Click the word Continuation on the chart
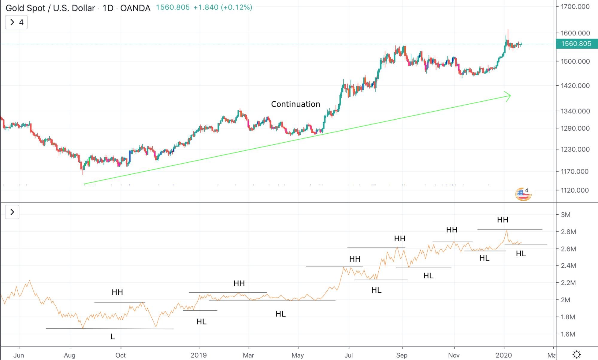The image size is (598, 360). tap(295, 104)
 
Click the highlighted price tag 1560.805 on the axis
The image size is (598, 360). tap(576, 44)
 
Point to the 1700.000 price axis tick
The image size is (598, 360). tap(575, 7)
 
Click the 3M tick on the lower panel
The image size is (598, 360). tap(565, 215)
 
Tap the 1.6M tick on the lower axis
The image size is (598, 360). tap(567, 334)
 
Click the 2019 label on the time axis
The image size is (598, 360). tap(199, 355)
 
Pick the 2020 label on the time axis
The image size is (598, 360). tap(504, 355)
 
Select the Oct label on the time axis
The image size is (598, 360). tap(121, 355)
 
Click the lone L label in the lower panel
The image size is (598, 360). tap(112, 337)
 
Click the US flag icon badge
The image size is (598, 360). tap(523, 194)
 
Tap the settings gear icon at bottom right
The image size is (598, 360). tap(576, 355)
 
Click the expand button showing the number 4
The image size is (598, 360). tap(16, 22)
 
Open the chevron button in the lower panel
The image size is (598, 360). tap(12, 212)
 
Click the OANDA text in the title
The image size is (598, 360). tap(135, 8)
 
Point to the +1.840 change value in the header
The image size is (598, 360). tap(206, 7)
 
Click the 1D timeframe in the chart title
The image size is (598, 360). tap(108, 8)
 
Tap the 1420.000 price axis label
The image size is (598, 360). tap(575, 86)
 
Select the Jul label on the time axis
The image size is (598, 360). tap(349, 355)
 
